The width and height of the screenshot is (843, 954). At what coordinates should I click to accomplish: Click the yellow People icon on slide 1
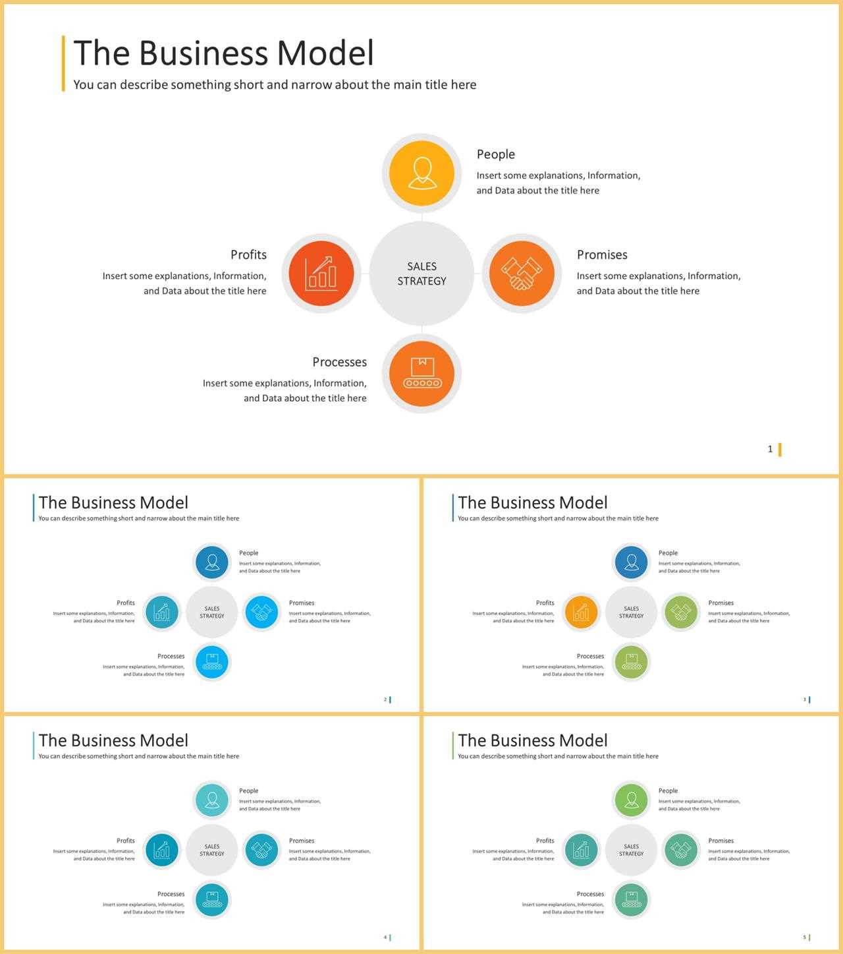[421, 173]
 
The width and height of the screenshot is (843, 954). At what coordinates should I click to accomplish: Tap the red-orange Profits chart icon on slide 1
[321, 273]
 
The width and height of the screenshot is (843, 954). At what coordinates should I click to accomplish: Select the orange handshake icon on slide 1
[522, 273]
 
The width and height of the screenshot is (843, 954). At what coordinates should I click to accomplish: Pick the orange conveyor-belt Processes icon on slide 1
[421, 373]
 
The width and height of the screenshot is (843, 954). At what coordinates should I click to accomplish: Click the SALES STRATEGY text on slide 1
[421, 274]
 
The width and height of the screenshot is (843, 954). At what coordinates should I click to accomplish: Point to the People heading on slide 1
[495, 154]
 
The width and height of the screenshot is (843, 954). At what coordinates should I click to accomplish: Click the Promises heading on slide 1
[602, 254]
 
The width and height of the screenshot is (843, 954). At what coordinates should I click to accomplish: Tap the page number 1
[770, 449]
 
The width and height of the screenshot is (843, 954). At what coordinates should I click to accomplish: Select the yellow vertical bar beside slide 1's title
[63, 63]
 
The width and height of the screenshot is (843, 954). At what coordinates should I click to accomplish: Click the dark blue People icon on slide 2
[212, 562]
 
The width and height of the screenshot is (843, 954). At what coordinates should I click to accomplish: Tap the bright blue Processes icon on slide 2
[212, 662]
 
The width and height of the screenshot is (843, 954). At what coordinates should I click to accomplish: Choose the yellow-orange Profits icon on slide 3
[581, 612]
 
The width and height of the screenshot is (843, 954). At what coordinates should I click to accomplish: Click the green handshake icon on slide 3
[681, 612]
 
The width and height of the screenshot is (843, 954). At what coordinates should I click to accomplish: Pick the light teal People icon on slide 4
[212, 800]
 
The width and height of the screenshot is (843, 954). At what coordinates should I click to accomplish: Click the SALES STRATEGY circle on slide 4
[212, 850]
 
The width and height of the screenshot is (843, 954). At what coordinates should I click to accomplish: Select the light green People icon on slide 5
[632, 800]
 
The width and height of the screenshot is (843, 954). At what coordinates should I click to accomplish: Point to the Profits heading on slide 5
[545, 841]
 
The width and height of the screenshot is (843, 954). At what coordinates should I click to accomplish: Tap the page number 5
[804, 937]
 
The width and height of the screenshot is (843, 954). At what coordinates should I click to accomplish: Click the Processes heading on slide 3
[590, 656]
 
